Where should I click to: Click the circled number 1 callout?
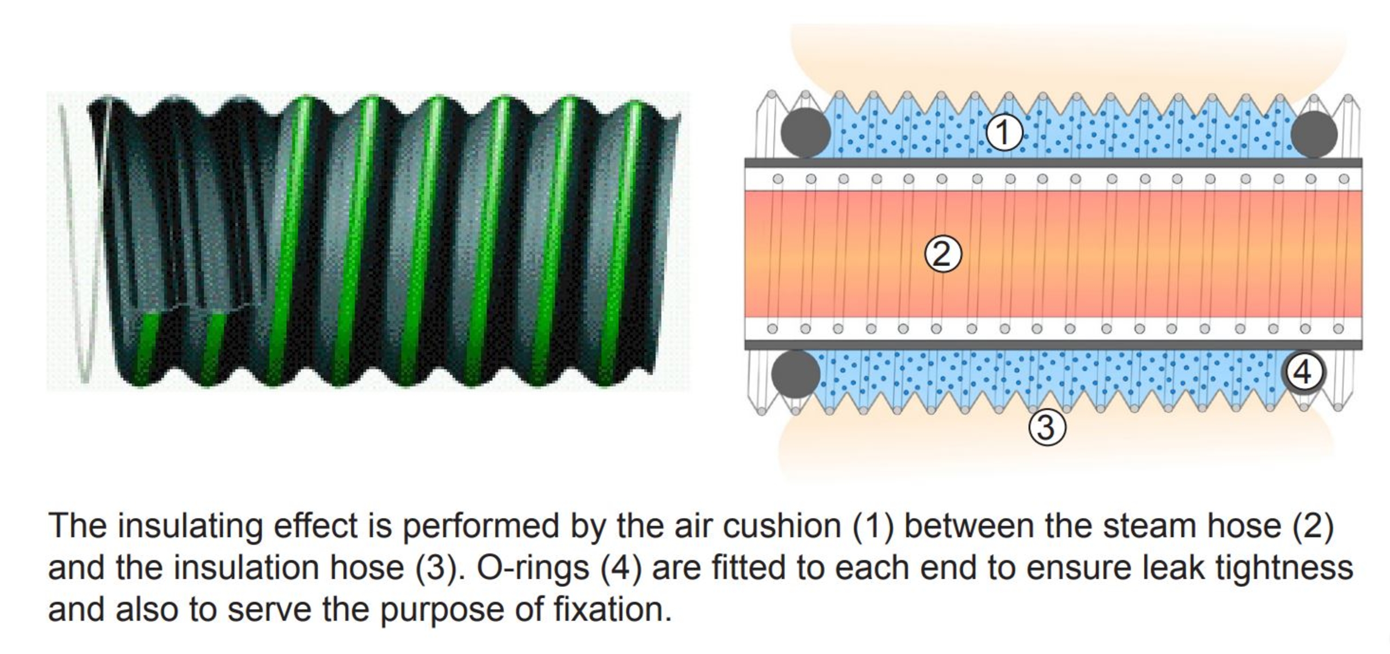click(x=1004, y=133)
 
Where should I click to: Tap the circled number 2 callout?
click(x=943, y=254)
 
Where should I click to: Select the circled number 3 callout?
click(x=1047, y=428)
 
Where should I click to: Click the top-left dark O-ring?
click(x=805, y=133)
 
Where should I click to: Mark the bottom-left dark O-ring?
click(x=796, y=375)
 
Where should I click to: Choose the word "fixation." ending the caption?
click(x=613, y=610)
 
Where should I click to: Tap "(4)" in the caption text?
click(x=621, y=568)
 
